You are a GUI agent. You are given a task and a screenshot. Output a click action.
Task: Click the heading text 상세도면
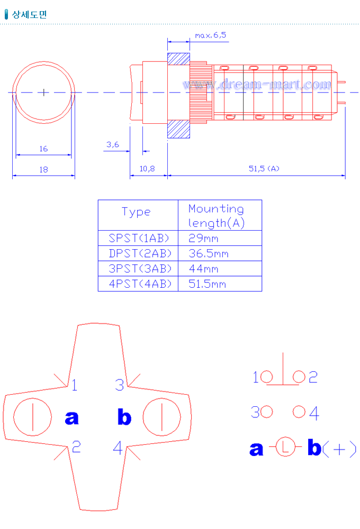tap(29, 14)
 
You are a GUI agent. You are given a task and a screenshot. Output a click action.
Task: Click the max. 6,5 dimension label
tap(210, 35)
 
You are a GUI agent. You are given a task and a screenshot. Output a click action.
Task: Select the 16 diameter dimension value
tap(43, 149)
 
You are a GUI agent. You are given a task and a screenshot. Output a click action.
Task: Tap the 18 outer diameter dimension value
tap(43, 169)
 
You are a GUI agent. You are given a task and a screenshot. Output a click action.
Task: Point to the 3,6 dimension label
tap(112, 144)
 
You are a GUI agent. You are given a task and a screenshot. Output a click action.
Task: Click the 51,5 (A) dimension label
tap(264, 169)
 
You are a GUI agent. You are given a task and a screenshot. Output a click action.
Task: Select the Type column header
tap(137, 212)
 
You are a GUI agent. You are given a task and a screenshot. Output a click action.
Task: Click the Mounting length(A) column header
tap(216, 216)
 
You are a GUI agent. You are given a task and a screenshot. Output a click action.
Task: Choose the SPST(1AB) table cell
tap(137, 238)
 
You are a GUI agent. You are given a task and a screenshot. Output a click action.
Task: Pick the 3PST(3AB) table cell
tap(137, 269)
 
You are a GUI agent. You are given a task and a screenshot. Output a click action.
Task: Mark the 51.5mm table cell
tap(207, 284)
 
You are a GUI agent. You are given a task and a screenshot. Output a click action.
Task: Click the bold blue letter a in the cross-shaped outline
tap(71, 418)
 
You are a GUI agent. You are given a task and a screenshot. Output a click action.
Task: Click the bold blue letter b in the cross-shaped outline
tap(124, 418)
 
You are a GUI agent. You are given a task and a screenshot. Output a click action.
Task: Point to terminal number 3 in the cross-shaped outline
tap(120, 385)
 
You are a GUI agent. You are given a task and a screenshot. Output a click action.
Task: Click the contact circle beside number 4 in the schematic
tap(299, 411)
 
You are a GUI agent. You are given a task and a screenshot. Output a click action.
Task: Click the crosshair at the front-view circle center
tap(43, 92)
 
